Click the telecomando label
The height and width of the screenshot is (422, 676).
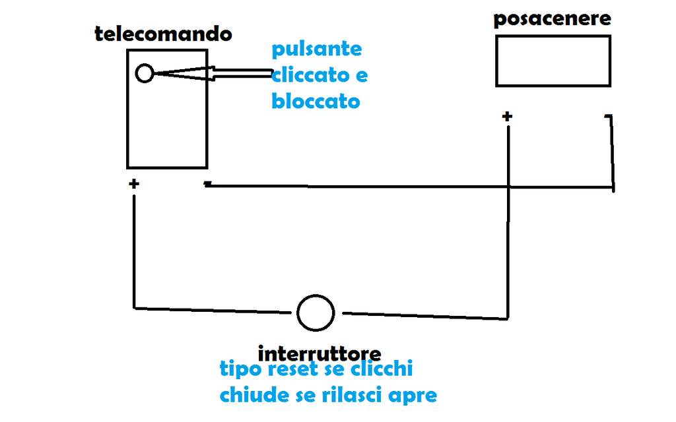(163, 34)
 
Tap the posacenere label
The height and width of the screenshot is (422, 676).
(552, 20)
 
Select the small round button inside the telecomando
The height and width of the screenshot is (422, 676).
(145, 73)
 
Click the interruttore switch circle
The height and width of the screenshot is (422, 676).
(316, 313)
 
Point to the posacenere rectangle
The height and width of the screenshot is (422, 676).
(553, 61)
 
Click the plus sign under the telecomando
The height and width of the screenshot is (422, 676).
(134, 184)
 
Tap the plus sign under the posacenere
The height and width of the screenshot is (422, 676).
(507, 117)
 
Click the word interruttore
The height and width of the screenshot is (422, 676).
(320, 351)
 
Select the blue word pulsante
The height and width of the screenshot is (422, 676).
(317, 49)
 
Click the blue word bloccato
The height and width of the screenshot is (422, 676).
(316, 102)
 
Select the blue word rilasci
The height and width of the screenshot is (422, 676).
(348, 395)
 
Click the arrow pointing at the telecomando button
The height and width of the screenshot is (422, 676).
(218, 73)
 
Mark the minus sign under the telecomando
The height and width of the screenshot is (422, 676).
(207, 184)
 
